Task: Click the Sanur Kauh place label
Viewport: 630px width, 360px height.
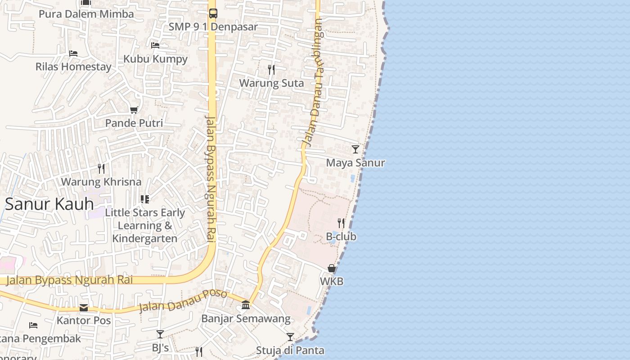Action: [x=49, y=204]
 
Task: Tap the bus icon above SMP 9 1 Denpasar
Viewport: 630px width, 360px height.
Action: [x=213, y=13]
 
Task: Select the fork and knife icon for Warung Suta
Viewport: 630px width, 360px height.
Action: [x=271, y=69]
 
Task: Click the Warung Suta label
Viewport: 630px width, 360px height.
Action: [x=271, y=83]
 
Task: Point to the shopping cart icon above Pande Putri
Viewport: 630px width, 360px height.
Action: [x=134, y=110]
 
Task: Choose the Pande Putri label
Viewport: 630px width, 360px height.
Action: [x=134, y=123]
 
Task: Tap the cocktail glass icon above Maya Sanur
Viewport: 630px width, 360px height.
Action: [x=355, y=149]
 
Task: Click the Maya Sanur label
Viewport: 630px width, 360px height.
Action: [x=355, y=163]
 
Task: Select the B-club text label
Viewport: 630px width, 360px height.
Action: [x=341, y=237]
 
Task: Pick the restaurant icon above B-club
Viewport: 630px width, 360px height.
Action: [x=341, y=223]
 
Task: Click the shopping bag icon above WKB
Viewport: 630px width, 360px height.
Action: [x=332, y=268]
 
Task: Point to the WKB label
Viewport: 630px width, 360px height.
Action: [x=332, y=282]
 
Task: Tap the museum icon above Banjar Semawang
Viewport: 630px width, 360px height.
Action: [x=246, y=305]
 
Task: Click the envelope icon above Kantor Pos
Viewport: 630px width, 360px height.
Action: [x=84, y=308]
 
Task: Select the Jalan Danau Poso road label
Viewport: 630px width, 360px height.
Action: [x=183, y=301]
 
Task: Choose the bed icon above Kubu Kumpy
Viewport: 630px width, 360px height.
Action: [x=155, y=45]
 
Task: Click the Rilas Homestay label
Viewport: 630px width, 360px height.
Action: [x=73, y=67]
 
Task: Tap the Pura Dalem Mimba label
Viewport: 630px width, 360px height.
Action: [x=86, y=14]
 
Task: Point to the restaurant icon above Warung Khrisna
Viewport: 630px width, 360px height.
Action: [x=101, y=169]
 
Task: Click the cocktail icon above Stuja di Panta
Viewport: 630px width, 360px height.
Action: [x=290, y=337]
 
